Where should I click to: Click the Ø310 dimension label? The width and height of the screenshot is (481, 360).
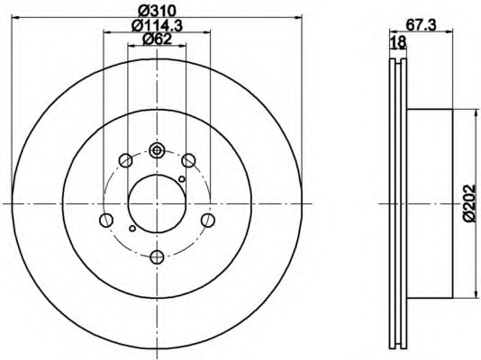(x=157, y=12)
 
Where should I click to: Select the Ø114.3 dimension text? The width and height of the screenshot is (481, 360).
(x=157, y=25)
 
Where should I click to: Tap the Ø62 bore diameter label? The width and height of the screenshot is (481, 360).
(x=157, y=40)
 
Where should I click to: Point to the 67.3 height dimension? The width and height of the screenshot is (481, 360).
(x=422, y=25)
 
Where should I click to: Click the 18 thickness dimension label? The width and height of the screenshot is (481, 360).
(x=398, y=42)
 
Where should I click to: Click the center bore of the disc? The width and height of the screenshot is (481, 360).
(x=157, y=203)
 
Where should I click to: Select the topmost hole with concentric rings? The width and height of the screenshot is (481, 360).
(x=157, y=150)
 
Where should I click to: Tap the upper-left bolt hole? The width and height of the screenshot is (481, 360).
(x=126, y=160)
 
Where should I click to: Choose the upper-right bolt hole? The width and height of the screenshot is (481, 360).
(x=188, y=160)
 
